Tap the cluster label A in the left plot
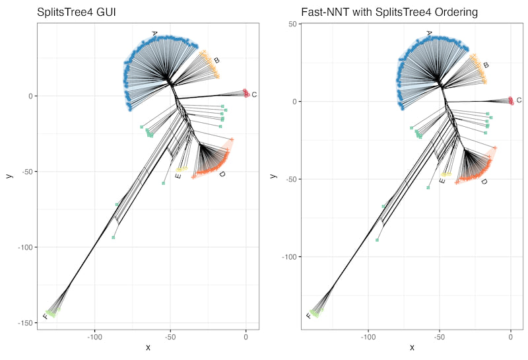[154, 33]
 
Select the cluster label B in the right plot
[486, 65]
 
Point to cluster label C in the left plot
[254, 95]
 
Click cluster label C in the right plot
[519, 100]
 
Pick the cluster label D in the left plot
[222, 174]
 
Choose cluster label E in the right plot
[442, 180]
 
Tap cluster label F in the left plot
[45, 317]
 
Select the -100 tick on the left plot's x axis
[94, 336]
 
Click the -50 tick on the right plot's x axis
[440, 336]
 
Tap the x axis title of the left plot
[148, 347]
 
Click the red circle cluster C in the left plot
[246, 93]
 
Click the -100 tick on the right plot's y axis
[288, 257]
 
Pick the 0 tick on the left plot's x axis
[246, 336]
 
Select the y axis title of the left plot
[8, 176]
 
